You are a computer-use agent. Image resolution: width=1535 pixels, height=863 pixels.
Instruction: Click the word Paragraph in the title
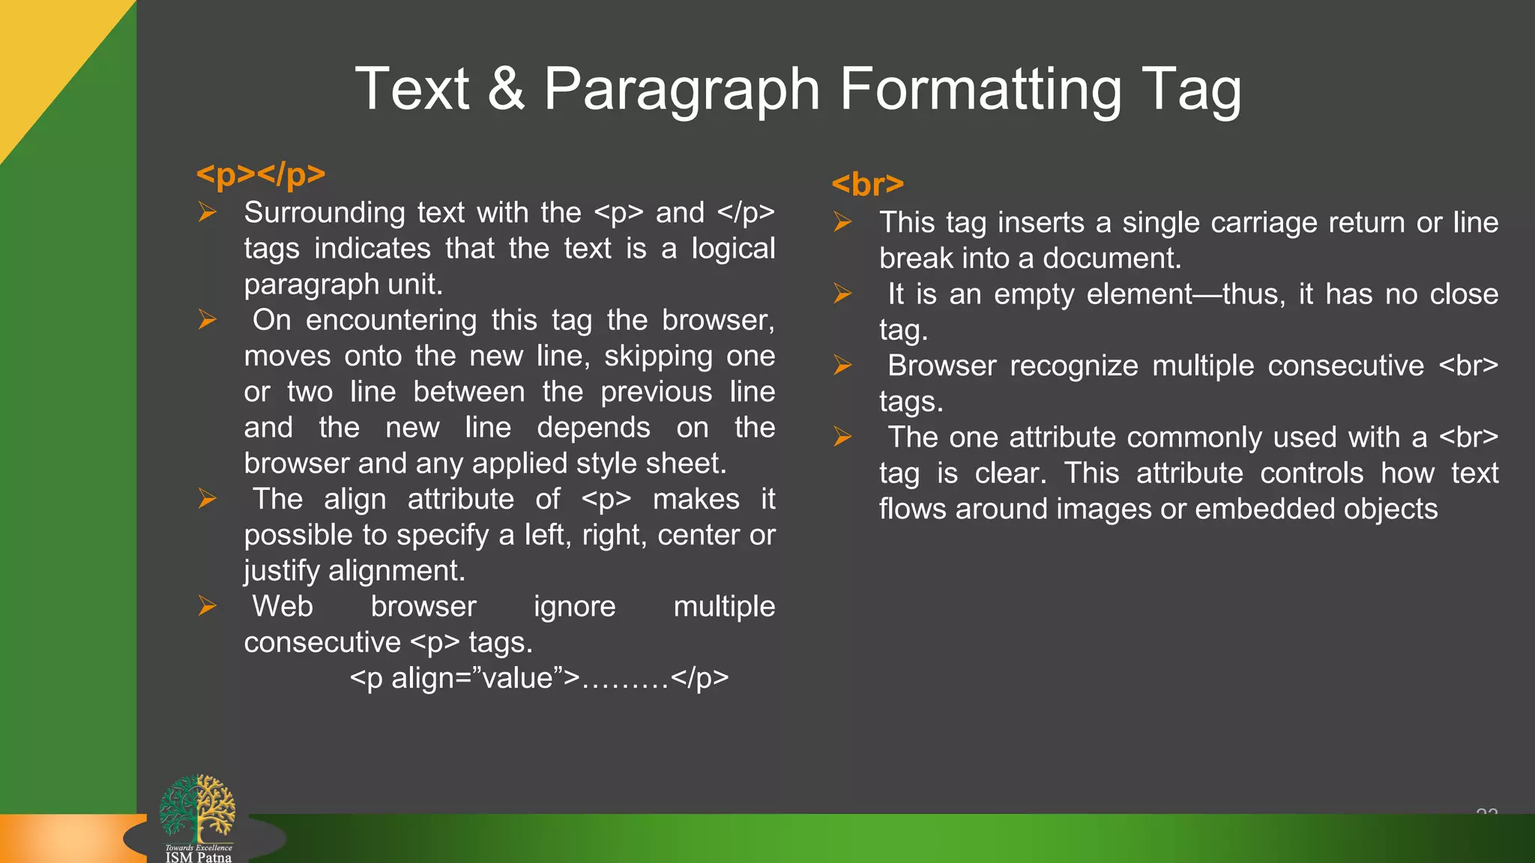[681, 91]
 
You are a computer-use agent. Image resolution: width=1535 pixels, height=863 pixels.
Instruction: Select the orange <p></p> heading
[261, 175]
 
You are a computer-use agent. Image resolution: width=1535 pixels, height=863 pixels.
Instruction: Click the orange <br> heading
[868, 184]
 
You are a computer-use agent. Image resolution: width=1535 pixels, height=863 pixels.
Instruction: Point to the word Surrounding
[324, 213]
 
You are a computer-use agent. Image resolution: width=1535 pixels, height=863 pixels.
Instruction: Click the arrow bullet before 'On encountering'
[208, 320]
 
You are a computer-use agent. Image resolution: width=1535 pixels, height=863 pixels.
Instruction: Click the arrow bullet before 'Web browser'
[208, 606]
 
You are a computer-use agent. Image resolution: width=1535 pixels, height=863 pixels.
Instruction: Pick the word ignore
[574, 607]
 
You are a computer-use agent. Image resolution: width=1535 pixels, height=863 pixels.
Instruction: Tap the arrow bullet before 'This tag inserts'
[843, 222]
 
